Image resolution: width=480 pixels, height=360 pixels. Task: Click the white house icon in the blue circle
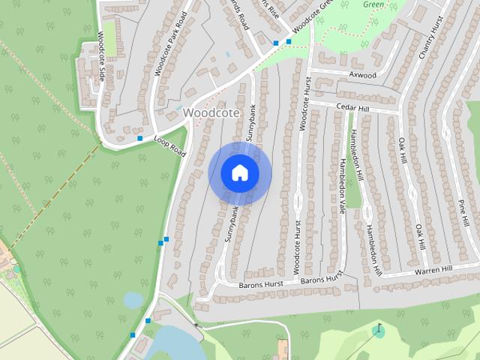coord(240,173)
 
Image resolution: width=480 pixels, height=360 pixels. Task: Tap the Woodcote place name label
coord(211,112)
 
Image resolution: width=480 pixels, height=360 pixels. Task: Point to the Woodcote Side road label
coord(100,57)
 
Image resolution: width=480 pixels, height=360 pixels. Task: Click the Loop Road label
coord(169,145)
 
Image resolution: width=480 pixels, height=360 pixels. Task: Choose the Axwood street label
coord(362,75)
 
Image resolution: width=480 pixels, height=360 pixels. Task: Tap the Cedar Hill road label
coord(354,108)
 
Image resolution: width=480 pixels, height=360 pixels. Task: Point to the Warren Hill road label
coord(434,269)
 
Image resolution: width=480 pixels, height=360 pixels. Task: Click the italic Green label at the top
coord(373,4)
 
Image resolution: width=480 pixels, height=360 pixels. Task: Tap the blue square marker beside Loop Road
coord(139,138)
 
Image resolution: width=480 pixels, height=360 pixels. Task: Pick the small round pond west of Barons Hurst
coord(133,300)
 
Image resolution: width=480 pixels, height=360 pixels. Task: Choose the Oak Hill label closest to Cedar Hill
coord(403,150)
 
